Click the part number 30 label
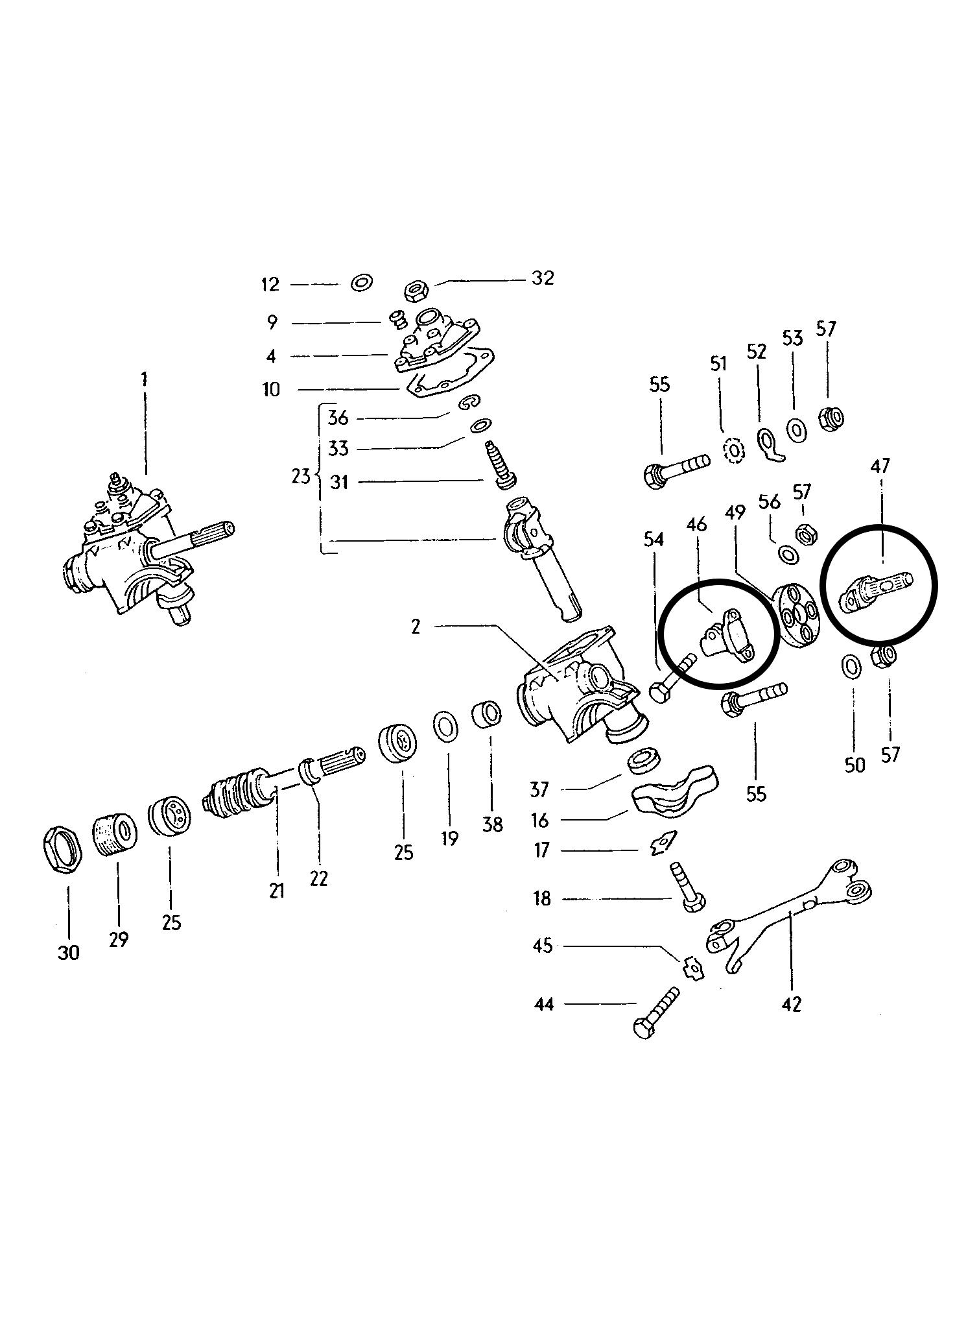point(68,953)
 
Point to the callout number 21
point(277,891)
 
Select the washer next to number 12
point(361,283)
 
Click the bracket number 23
point(300,477)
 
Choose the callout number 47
point(880,466)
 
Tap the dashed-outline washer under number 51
point(733,451)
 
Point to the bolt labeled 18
point(685,887)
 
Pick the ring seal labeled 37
point(643,761)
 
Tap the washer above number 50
point(851,665)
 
